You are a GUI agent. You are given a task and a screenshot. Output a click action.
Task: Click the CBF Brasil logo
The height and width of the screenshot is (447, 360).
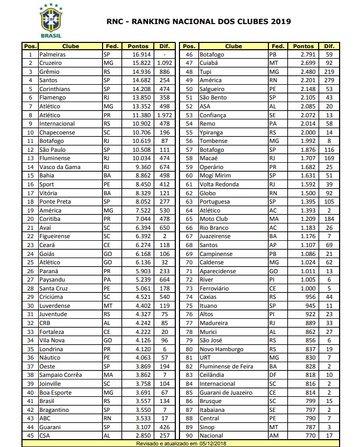click(x=52, y=20)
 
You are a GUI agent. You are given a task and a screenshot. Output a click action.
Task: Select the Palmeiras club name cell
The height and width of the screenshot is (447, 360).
click(x=53, y=54)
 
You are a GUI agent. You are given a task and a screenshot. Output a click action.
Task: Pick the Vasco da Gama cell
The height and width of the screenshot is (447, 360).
click(x=59, y=167)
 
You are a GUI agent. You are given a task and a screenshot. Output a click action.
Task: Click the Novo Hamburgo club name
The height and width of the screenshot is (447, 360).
click(x=221, y=349)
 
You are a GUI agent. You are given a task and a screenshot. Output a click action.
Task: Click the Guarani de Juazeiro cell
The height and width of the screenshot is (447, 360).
click(x=227, y=392)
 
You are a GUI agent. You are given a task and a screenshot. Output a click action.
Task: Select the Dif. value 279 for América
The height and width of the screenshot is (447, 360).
click(x=329, y=81)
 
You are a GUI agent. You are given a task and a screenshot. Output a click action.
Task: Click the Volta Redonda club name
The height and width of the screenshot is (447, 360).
click(x=219, y=184)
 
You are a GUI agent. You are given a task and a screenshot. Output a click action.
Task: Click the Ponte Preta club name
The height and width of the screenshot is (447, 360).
click(x=55, y=202)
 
